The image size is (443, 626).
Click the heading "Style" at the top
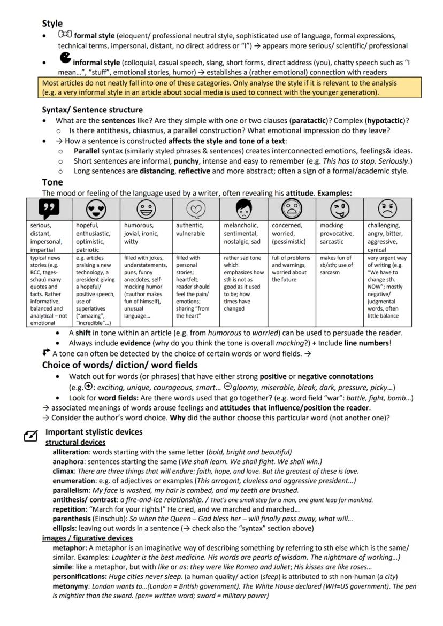click(x=52, y=24)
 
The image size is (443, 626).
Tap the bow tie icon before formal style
click(x=65, y=35)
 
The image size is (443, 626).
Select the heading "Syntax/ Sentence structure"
click(x=92, y=110)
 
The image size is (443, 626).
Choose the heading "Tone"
click(x=52, y=182)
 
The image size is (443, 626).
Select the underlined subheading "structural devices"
click(x=75, y=442)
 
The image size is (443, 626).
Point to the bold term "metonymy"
click(x=70, y=586)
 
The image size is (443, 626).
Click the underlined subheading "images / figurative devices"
click(x=87, y=538)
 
